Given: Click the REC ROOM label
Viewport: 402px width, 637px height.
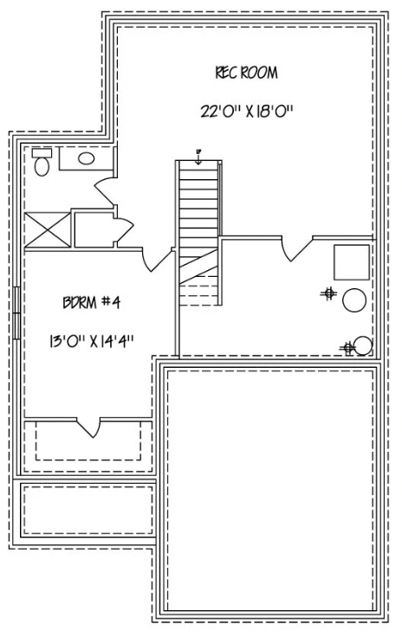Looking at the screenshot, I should [x=247, y=73].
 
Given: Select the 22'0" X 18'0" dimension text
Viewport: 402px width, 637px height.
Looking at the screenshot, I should [x=247, y=111].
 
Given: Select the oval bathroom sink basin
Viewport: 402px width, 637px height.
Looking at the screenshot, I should [x=87, y=158].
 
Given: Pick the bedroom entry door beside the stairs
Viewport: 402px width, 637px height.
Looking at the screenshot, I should [x=159, y=256].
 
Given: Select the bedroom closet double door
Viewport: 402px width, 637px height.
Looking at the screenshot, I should [x=89, y=426].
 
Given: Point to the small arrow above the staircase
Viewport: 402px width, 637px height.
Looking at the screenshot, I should [x=198, y=157].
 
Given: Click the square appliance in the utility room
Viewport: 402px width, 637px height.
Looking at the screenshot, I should [x=353, y=262].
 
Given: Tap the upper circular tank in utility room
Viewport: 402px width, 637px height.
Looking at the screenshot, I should [x=353, y=300].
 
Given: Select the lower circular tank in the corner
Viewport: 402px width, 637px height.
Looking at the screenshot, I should [x=364, y=346].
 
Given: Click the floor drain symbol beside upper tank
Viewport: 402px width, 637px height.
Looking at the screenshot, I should [x=328, y=294].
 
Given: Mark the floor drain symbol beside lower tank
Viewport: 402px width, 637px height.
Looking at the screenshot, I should [x=348, y=348].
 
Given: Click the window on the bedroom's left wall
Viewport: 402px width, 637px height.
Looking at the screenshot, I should [x=17, y=312].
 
